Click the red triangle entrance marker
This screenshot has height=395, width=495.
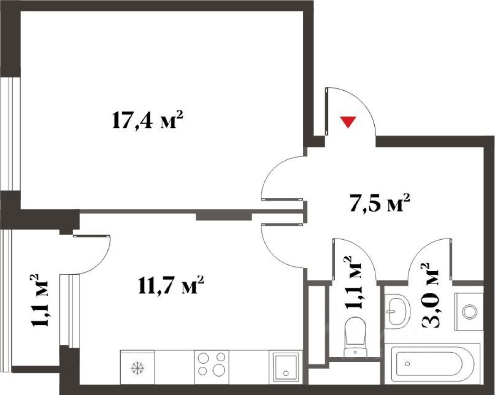coord(348,122)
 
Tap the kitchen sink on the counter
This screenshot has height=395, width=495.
coord(284,364)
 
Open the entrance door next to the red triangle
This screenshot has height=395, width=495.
coord(350,110)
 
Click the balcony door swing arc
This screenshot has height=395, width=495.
coord(92,254)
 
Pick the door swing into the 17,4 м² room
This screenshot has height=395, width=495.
coord(280,177)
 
